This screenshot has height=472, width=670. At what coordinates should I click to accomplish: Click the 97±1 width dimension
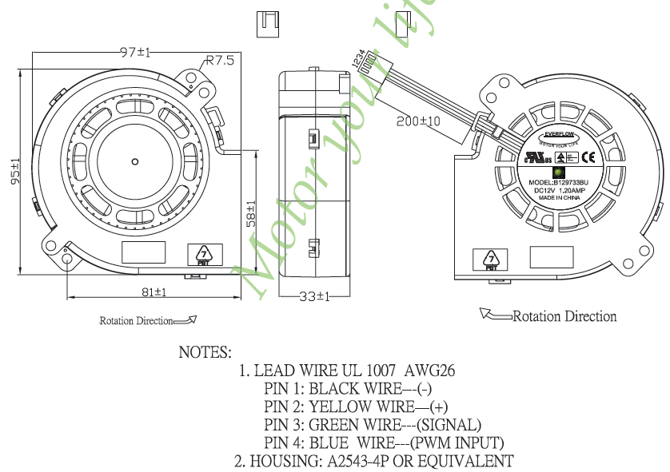135,52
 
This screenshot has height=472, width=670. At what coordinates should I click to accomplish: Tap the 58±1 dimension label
251,214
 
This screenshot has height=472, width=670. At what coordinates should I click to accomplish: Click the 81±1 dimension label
154,293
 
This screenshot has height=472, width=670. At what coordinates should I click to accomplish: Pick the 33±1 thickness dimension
314,296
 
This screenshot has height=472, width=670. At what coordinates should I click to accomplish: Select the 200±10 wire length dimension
419,121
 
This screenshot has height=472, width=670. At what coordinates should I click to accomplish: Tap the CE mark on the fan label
585,157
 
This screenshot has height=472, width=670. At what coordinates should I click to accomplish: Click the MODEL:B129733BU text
558,183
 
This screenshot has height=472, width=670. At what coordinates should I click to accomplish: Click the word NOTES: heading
205,352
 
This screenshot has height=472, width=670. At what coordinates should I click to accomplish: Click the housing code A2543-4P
369,461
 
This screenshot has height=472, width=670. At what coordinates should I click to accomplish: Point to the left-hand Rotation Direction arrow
185,320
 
